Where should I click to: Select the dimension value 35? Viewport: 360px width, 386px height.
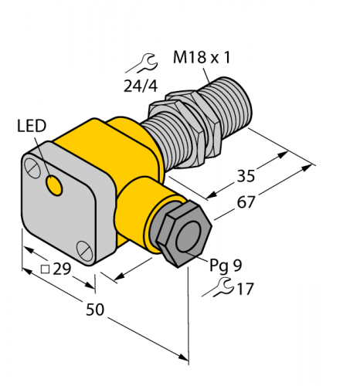(246, 176)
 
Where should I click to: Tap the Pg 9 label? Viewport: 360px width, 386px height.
(226, 265)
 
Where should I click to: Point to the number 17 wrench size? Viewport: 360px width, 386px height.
(246, 290)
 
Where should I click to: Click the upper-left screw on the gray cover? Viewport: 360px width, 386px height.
(30, 165)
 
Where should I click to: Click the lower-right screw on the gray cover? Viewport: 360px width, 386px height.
(85, 249)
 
